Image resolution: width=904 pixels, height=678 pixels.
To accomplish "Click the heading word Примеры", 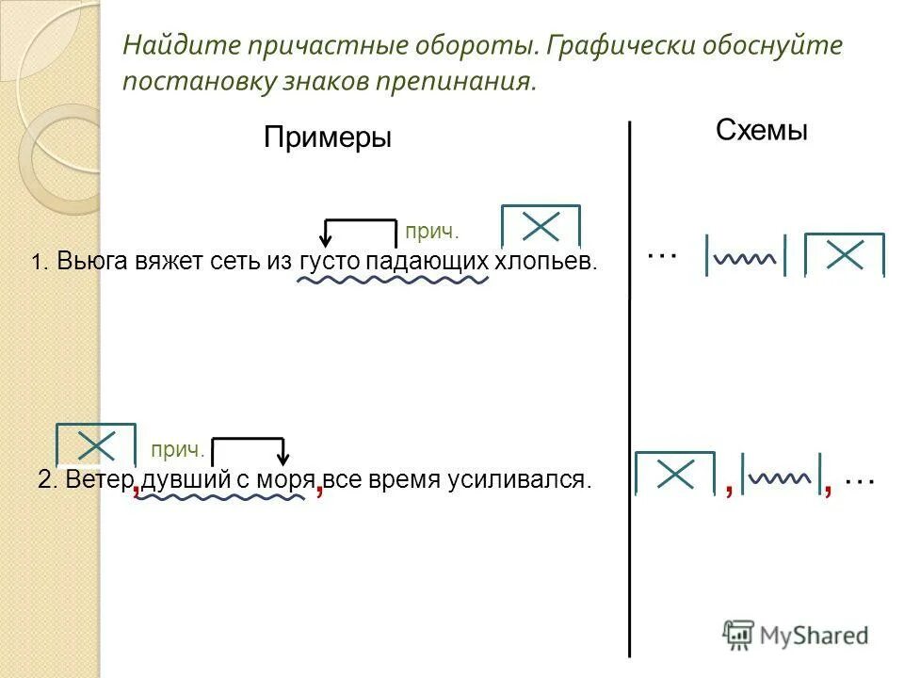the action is pos(327,137).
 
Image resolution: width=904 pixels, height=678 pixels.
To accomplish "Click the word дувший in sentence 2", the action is pos(186,479).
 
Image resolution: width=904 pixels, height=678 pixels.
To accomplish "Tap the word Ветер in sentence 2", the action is pos(101,479).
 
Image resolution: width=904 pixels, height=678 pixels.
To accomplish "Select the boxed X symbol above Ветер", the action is pos(96,444).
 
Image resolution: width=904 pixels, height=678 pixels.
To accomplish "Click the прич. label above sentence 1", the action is pos(432,232).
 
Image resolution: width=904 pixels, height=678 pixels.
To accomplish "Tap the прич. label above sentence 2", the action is pos(177,452).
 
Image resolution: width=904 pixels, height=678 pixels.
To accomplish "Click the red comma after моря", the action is pos(320,488).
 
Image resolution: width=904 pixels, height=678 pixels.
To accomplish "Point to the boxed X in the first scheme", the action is pos(845,255).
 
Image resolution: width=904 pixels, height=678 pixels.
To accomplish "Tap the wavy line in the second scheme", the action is pos(782,477).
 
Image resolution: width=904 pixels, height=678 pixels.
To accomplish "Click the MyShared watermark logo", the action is pos(795,635).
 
